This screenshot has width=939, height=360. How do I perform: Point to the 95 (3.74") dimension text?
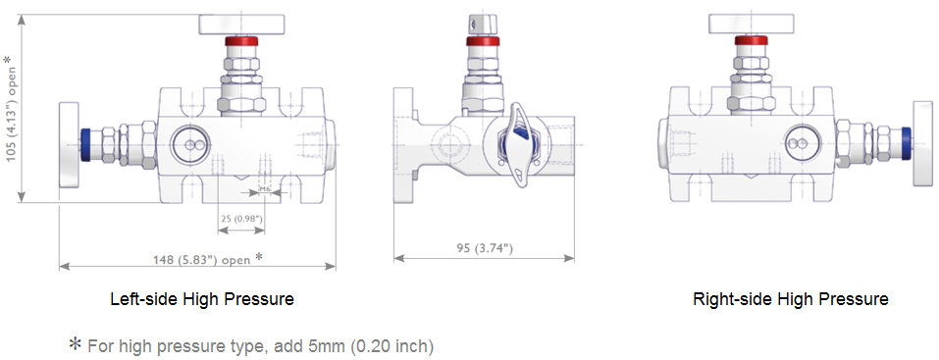[x=484, y=248]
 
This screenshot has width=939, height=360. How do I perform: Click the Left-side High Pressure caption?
[x=202, y=298]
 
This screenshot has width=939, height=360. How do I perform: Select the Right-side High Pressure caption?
[x=791, y=298]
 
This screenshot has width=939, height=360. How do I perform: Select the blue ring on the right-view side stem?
[x=896, y=143]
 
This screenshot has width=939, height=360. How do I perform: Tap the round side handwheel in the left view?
[x=68, y=143]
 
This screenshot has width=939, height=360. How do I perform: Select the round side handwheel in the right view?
[x=925, y=143]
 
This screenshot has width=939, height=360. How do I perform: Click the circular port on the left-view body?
[x=188, y=144]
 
